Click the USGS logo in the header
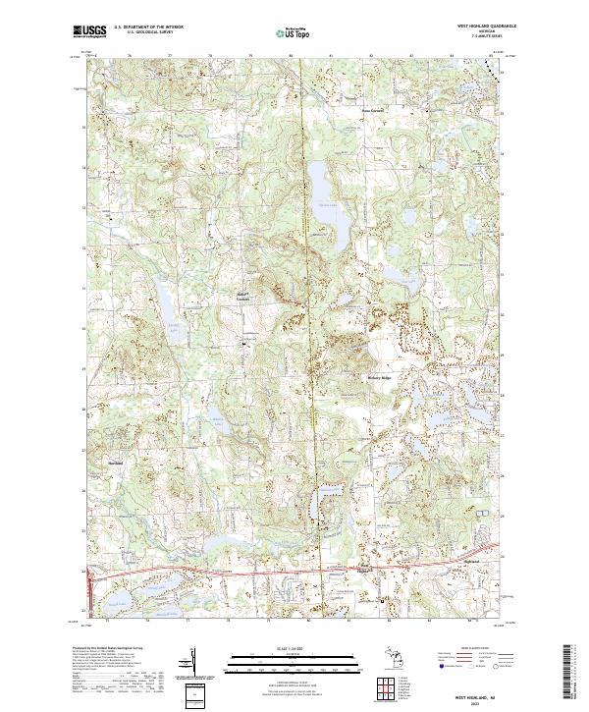pyautogui.click(x=89, y=31)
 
